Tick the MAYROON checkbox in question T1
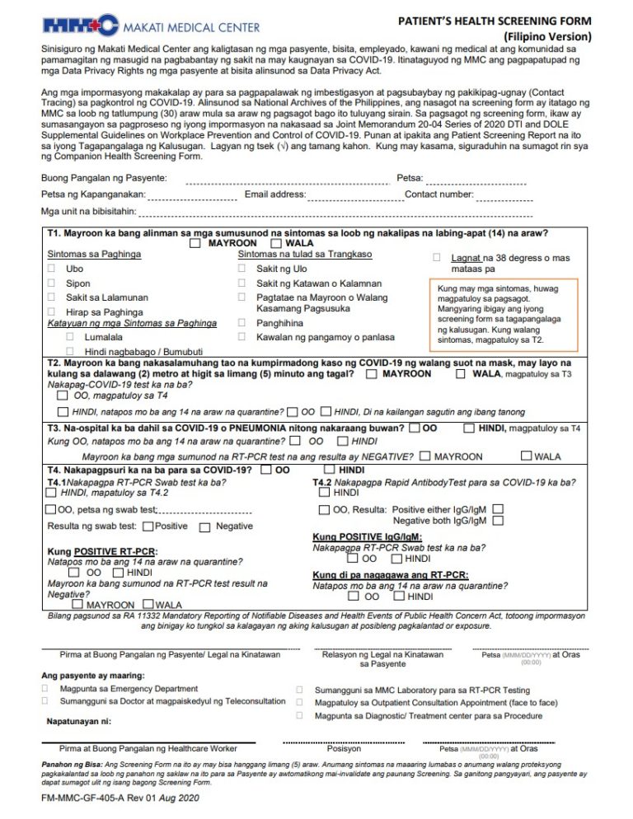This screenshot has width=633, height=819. [x=195, y=244]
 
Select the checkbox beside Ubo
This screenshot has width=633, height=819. [x=51, y=269]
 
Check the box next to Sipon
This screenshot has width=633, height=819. [x=51, y=283]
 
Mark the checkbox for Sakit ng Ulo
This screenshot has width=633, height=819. [x=241, y=269]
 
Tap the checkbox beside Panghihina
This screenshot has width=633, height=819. [x=241, y=323]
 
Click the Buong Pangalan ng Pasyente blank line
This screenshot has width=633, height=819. [x=287, y=182]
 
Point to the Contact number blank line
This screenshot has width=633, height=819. [x=504, y=199]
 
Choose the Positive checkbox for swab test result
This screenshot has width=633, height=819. [x=147, y=526]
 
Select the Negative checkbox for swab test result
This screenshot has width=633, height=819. [x=205, y=526]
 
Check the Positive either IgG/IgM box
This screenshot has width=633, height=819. [x=498, y=509]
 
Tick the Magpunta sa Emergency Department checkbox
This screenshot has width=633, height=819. [x=51, y=688]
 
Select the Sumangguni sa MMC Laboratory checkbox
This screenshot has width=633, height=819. [x=298, y=690]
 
